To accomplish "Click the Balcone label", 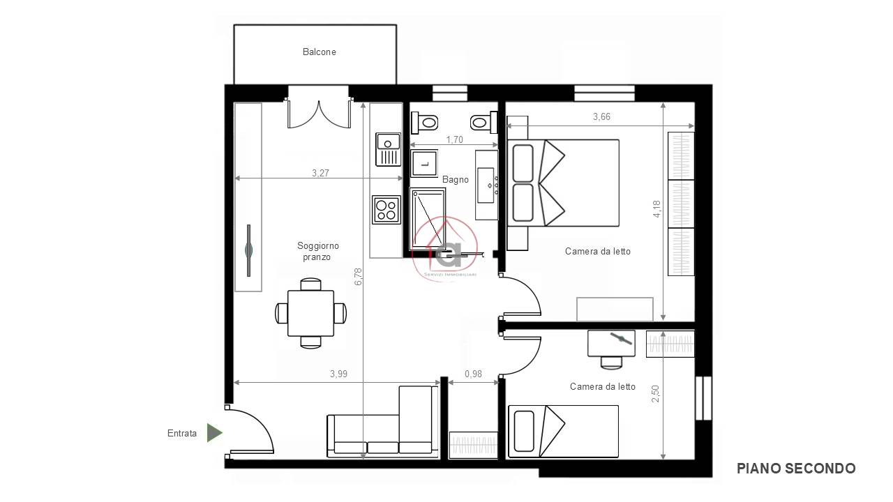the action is pos(319,52).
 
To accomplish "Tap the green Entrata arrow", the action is pos(214,433).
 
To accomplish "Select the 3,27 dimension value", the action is pos(320,173).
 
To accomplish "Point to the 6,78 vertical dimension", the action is pos(358,277).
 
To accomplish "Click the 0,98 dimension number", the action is pos(473,374).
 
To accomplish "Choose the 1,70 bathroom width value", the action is pos(454,140).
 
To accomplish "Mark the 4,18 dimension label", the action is pos(656,208).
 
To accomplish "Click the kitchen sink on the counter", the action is pos(388,149).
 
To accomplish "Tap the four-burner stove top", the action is pos(387,210).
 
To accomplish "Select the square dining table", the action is pos(310,313).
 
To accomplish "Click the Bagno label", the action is pos(456,180).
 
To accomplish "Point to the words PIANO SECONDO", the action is pos(796,469).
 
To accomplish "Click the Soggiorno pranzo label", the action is pos(317,252).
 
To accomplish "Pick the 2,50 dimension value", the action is pos(655,394).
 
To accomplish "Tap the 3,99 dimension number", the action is pos(338,374).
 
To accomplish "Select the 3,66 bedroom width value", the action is pos(601,116).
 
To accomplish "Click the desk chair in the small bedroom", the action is pos(611,362).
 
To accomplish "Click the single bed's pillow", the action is pos(524,432).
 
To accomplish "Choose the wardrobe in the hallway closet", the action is pos(473,443).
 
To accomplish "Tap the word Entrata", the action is pos(182,433).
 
